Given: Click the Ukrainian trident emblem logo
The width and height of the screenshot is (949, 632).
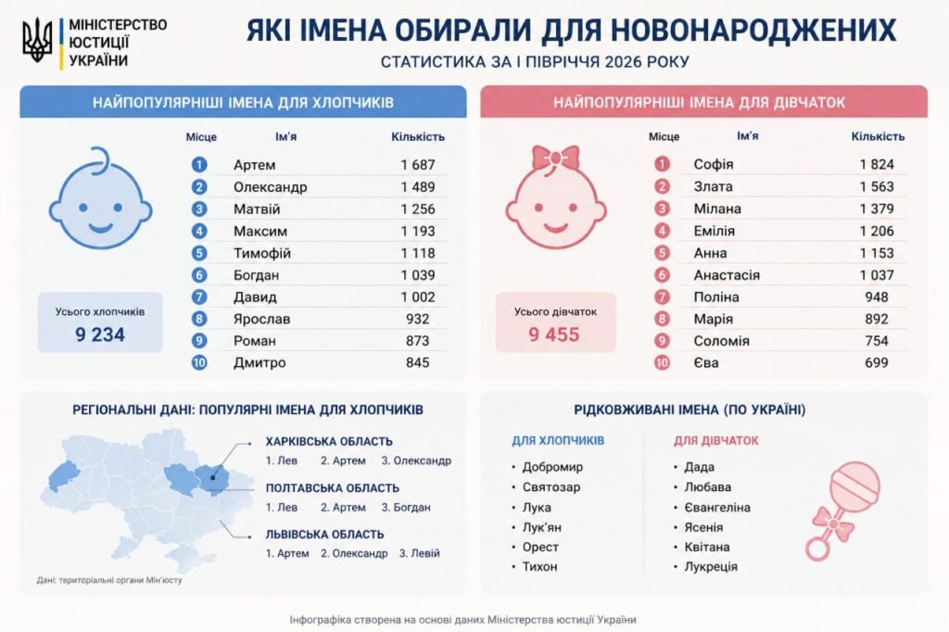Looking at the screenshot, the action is [x=37, y=40].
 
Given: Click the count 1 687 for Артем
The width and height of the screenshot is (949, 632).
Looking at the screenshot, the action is [x=418, y=165].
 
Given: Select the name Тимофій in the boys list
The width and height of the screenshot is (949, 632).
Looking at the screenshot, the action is [x=262, y=253].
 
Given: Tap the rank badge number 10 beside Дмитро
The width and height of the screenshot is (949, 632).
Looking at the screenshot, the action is [x=199, y=362].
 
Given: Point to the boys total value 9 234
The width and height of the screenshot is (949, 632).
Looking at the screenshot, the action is [x=100, y=335].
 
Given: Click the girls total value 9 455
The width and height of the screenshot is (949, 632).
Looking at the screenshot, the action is [x=554, y=335].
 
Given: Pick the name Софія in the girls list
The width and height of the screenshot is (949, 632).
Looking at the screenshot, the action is [x=714, y=164].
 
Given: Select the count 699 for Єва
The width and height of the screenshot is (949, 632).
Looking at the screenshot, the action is [x=877, y=362].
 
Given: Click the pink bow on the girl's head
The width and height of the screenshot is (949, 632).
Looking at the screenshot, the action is [x=556, y=158].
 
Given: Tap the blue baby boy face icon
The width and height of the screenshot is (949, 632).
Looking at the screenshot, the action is [x=100, y=198].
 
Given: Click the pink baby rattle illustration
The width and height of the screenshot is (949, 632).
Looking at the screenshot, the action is [x=841, y=510].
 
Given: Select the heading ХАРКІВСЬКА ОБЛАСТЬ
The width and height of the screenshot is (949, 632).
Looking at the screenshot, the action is [x=329, y=441].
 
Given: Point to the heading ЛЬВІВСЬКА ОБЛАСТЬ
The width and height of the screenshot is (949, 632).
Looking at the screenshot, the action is [x=325, y=535].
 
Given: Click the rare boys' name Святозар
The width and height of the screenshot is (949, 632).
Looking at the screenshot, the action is [x=551, y=487].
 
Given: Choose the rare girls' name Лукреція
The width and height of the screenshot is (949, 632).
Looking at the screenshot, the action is [x=711, y=566].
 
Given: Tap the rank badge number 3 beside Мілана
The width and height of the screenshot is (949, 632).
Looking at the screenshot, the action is [x=662, y=209].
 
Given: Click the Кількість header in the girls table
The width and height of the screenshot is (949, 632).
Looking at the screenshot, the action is [x=878, y=137].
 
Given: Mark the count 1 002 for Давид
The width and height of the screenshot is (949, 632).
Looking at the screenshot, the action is [x=418, y=297].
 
